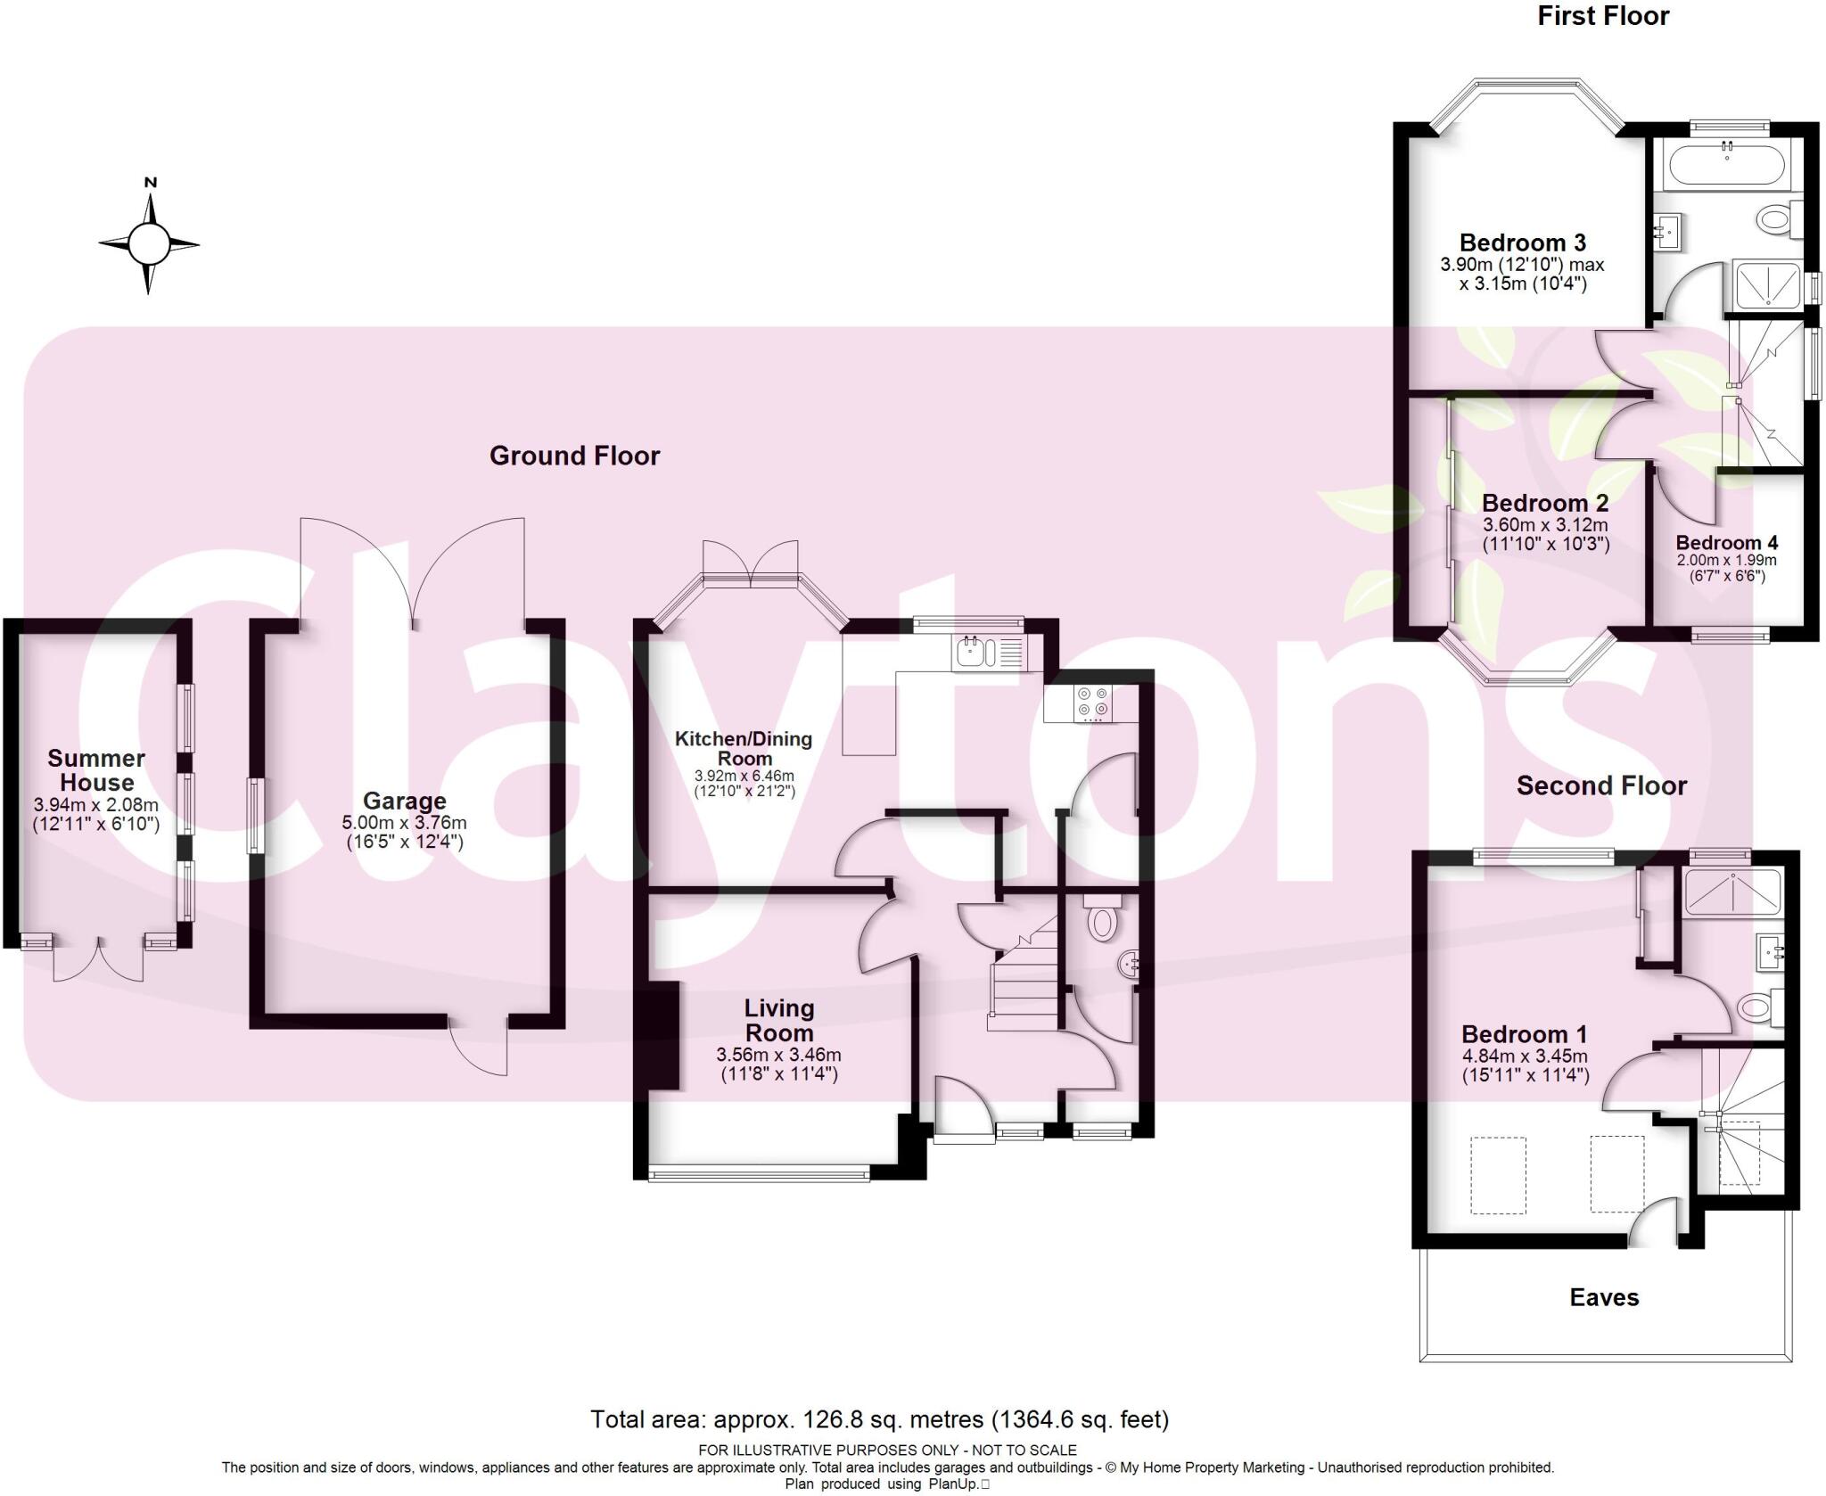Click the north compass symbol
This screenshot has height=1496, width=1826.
pos(149,242)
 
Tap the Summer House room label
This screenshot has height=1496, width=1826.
pos(96,770)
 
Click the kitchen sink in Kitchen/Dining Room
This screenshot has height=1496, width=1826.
pos(969,653)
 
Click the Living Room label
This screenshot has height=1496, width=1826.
pos(779,1020)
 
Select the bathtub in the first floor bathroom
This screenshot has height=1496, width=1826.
pos(1727,165)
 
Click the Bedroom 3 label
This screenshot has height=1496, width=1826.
pos(1522,242)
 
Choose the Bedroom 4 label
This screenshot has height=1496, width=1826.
pos(1726,542)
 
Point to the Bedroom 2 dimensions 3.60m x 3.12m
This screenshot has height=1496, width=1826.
pos(1545,525)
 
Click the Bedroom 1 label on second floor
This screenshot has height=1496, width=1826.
pos(1524,1033)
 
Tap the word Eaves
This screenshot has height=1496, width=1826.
pos(1604,1297)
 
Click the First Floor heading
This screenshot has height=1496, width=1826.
pos(1602,16)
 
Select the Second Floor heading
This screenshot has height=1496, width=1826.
pos(1601,785)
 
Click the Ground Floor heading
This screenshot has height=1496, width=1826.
pos(574,456)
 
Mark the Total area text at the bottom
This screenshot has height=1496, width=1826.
pos(879,1418)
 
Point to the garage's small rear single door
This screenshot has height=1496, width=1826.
pos(479,1048)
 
